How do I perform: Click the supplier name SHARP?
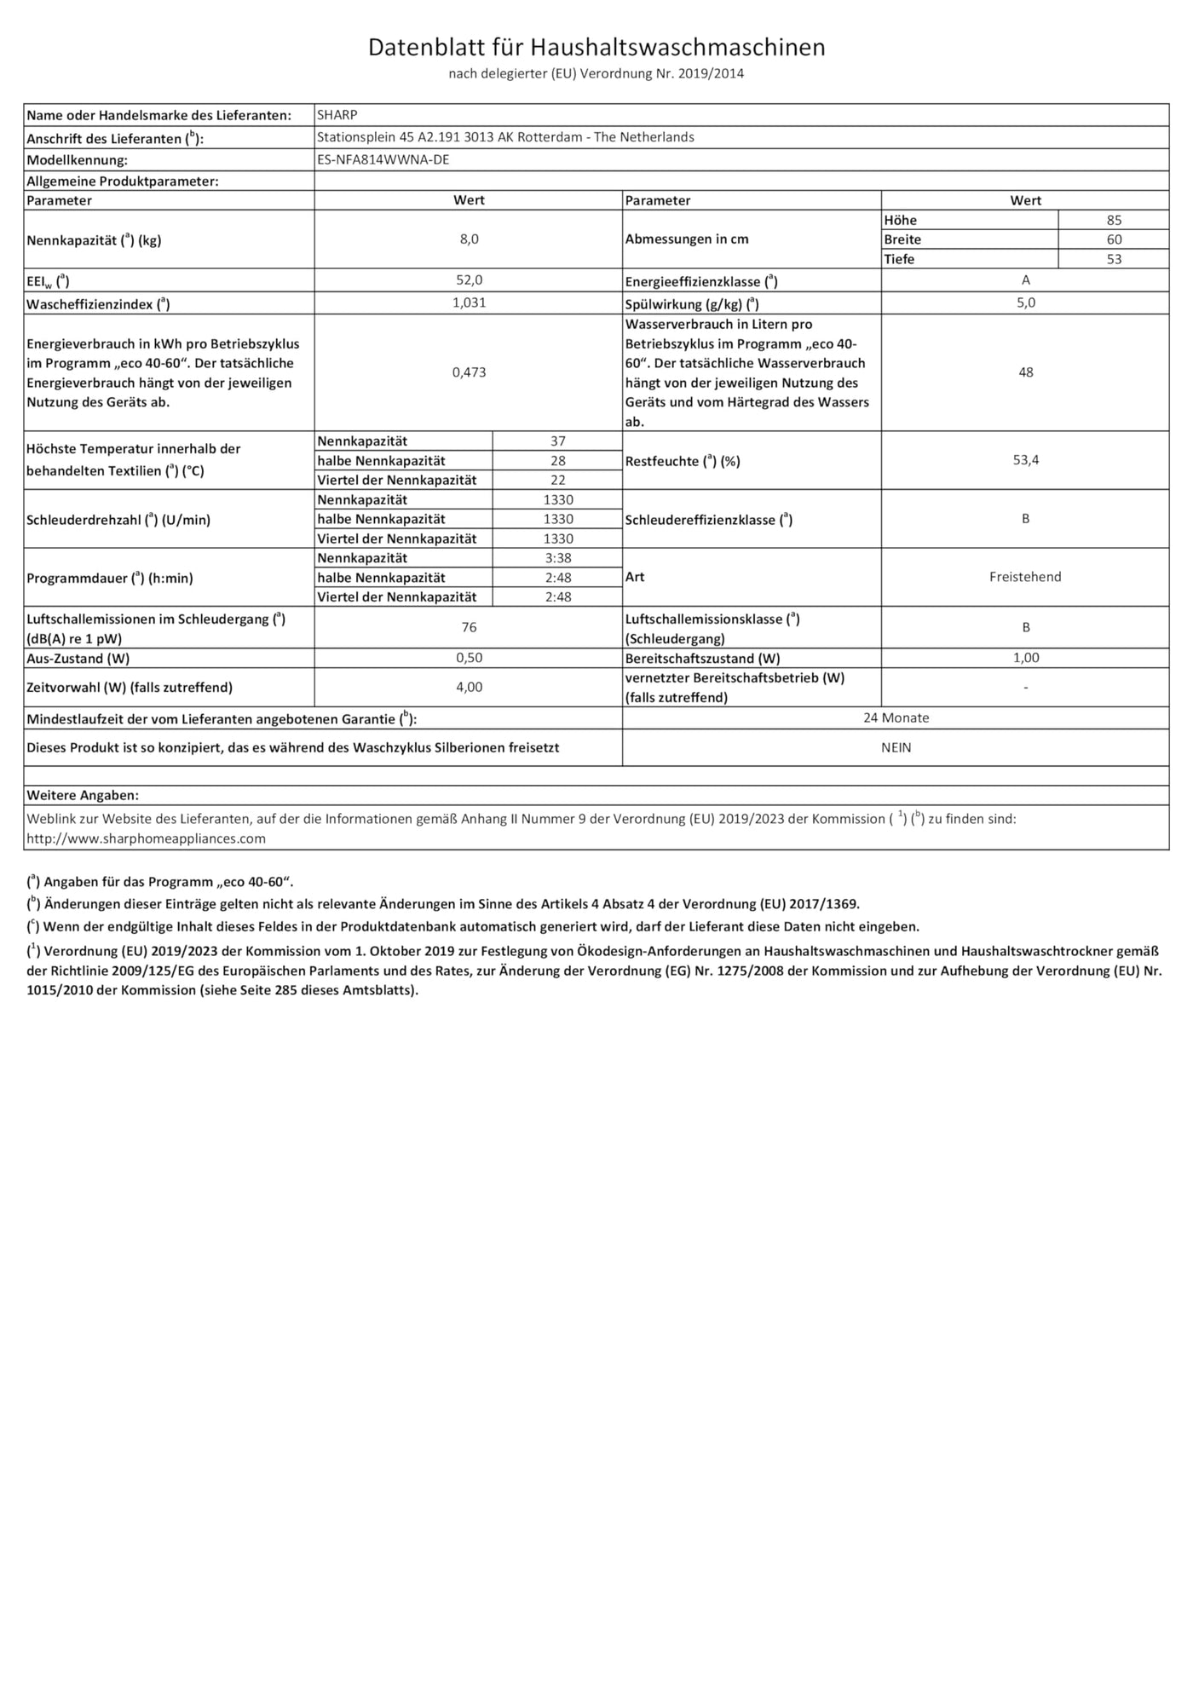coord(337,115)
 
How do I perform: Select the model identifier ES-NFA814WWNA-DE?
coord(383,159)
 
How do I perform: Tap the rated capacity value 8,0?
coord(469,239)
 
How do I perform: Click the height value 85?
coord(1114,220)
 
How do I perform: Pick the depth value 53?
coord(1114,259)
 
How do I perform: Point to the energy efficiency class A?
coord(1025,280)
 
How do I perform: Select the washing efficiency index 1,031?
coord(469,302)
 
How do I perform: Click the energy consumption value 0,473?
coord(469,372)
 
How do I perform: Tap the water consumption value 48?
coord(1025,372)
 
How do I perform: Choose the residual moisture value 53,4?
coord(1025,460)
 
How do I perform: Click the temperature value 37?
coord(557,441)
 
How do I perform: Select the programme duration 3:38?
coord(557,558)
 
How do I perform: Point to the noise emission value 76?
coord(469,627)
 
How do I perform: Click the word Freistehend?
coord(1025,577)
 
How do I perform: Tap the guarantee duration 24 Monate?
coord(896,718)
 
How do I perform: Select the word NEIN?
coord(896,747)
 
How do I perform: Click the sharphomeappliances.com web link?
coord(146,838)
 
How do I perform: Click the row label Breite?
coord(902,239)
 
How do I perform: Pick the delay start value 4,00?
coord(469,687)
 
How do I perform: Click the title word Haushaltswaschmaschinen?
coord(677,48)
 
